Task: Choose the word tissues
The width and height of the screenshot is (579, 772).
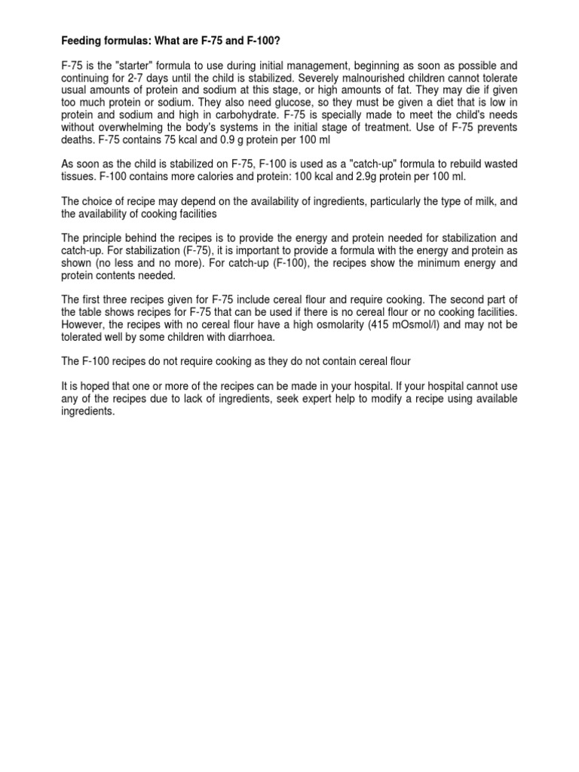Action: [78, 176]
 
